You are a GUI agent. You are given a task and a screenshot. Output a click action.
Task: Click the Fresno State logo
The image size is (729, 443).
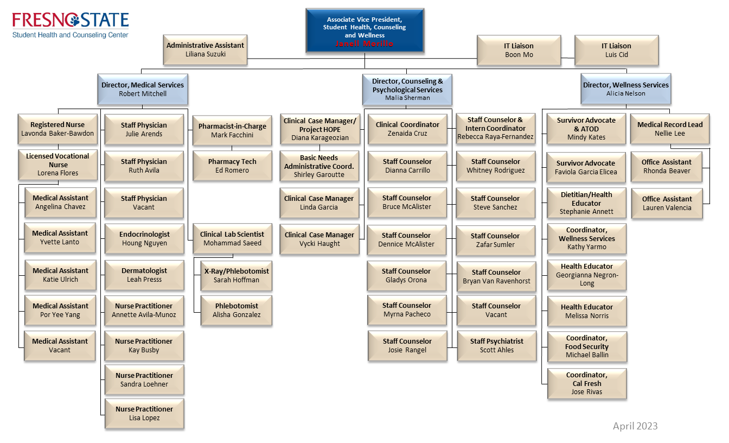pyautogui.click(x=71, y=25)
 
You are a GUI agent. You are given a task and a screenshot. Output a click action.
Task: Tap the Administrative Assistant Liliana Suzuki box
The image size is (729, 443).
pyautogui.click(x=205, y=49)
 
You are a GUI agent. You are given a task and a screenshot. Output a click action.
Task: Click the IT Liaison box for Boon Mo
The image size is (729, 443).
pyautogui.click(x=519, y=50)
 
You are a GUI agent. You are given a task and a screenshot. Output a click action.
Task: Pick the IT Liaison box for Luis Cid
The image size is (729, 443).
pyautogui.click(x=616, y=50)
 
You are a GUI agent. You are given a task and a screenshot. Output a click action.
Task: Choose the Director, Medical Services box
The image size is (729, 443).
pyautogui.click(x=143, y=89)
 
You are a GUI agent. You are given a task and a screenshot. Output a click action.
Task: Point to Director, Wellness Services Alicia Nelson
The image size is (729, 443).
pyautogui.click(x=626, y=89)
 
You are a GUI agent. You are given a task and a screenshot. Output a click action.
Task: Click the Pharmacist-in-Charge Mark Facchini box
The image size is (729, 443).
pyautogui.click(x=232, y=130)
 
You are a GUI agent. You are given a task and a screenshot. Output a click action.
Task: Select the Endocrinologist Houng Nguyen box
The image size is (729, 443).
pyautogui.click(x=144, y=239)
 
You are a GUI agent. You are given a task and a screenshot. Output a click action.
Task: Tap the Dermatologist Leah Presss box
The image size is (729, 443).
pyautogui.click(x=144, y=275)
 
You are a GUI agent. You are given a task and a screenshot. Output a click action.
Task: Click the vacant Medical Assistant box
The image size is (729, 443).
pyautogui.click(x=60, y=345)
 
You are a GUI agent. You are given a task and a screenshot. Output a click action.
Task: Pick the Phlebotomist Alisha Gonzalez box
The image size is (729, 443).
pyautogui.click(x=236, y=310)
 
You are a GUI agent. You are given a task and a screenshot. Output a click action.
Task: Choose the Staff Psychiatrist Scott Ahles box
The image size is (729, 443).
pyautogui.click(x=496, y=345)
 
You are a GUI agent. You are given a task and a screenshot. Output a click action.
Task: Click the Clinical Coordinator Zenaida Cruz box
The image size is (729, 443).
pyautogui.click(x=408, y=129)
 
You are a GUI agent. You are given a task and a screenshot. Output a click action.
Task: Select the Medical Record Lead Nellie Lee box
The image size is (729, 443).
pyautogui.click(x=670, y=129)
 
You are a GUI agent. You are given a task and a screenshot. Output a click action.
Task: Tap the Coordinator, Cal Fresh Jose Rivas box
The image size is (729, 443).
pyautogui.click(x=587, y=383)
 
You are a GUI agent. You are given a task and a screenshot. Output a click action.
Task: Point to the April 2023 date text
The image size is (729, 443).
pyautogui.click(x=635, y=426)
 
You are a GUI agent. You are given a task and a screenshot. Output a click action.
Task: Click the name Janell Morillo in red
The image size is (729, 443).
pyautogui.click(x=364, y=44)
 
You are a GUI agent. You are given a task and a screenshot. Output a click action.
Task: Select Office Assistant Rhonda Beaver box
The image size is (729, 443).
pyautogui.click(x=667, y=166)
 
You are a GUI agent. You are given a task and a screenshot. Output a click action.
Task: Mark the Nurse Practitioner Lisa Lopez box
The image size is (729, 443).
pyautogui.click(x=144, y=413)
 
